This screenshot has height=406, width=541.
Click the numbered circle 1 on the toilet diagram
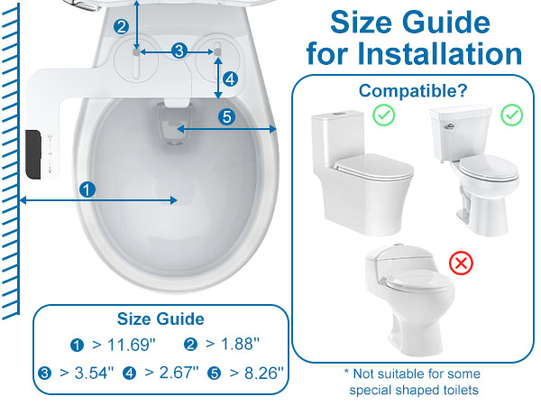pyautogui.click(x=87, y=189)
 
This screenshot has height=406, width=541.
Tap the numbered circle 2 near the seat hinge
pyautogui.click(x=121, y=27)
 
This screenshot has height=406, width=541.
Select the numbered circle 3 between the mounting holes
pyautogui.click(x=179, y=51)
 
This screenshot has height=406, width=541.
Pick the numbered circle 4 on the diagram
pyautogui.click(x=230, y=79)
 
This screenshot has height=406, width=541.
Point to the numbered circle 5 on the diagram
pyautogui.click(x=226, y=116)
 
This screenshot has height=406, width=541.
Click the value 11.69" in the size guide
pyautogui.click(x=132, y=345)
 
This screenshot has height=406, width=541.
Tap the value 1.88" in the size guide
pyautogui.click(x=240, y=344)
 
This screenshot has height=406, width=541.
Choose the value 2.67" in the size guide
pyautogui.click(x=179, y=372)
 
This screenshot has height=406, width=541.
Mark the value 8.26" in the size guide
pyautogui.click(x=264, y=373)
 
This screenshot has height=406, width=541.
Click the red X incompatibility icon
pyautogui.click(x=462, y=263)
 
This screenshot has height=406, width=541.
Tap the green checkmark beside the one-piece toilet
pyautogui.click(x=384, y=115)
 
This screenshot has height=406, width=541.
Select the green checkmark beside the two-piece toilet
pyautogui.click(x=511, y=115)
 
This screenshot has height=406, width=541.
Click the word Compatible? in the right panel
pyautogui.click(x=413, y=91)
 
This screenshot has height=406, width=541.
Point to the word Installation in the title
pyautogui.click(x=439, y=53)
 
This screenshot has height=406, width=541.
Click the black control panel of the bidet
pyautogui.click(x=33, y=154)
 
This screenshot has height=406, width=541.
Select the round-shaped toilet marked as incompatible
pyautogui.click(x=409, y=300)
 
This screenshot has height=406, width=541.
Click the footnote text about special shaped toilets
pyautogui.click(x=413, y=382)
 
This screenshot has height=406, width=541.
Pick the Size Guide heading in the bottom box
pyautogui.click(x=160, y=319)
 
